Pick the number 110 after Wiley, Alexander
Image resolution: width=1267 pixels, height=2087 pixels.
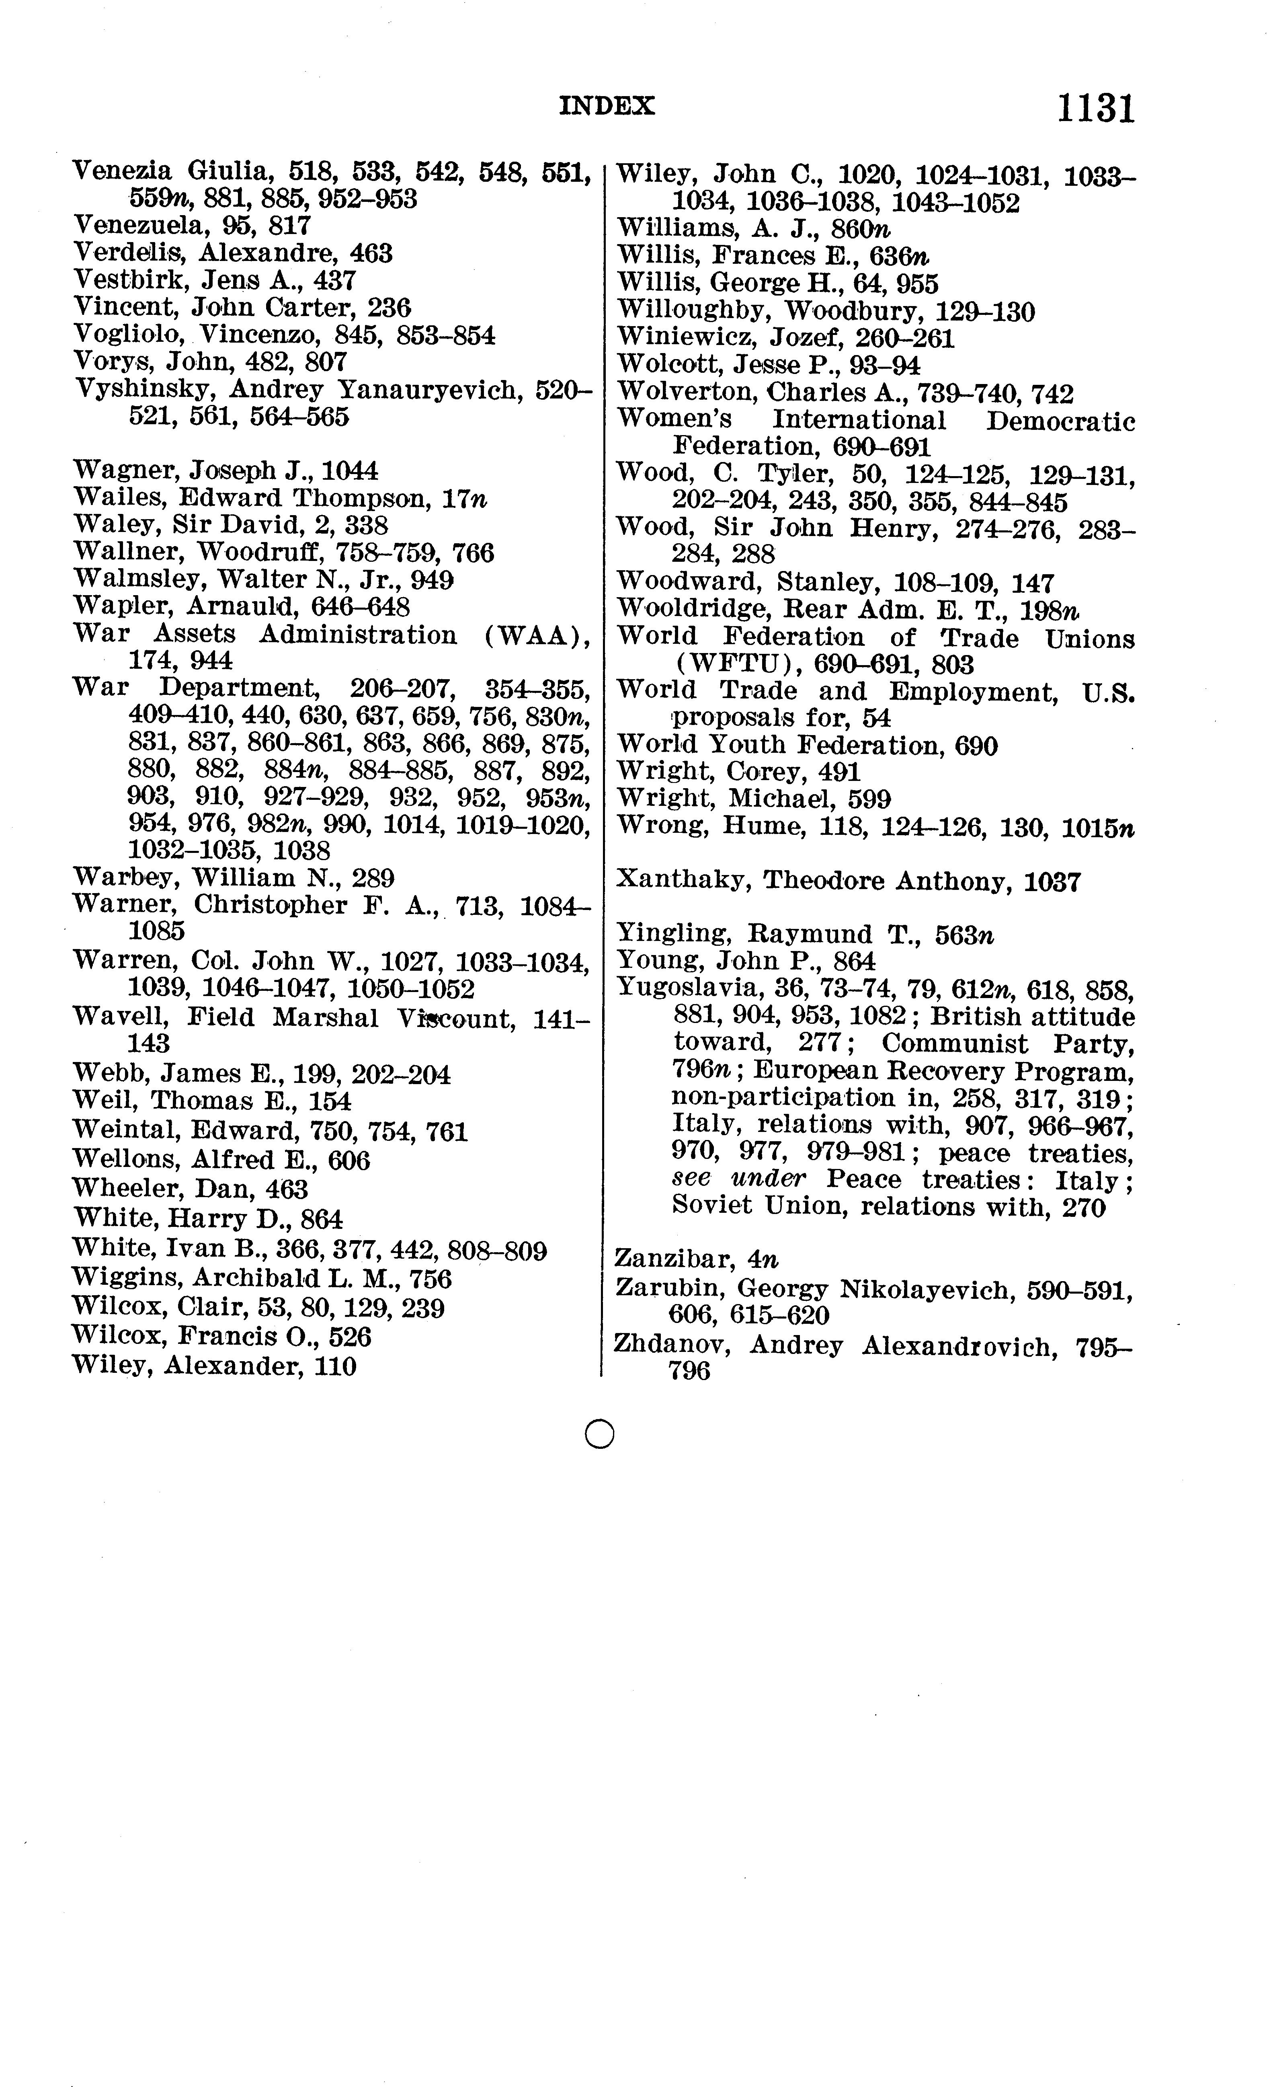tap(334, 1366)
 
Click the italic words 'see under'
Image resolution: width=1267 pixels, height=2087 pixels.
tap(738, 1179)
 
